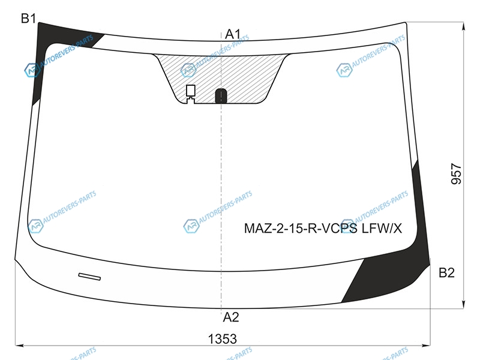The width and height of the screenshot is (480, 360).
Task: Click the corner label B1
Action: click(x=28, y=19)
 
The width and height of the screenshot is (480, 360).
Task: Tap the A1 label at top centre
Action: click(x=233, y=34)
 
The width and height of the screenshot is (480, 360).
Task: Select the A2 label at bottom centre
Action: click(x=231, y=317)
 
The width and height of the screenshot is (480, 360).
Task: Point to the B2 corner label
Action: click(x=446, y=272)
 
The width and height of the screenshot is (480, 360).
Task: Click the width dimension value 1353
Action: click(x=223, y=339)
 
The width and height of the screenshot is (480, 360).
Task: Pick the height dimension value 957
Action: click(x=456, y=174)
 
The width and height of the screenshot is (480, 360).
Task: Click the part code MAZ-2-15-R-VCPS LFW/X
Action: click(x=323, y=229)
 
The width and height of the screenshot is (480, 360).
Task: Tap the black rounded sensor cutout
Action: click(x=221, y=96)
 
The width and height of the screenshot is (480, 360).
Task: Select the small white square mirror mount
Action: click(x=190, y=91)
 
